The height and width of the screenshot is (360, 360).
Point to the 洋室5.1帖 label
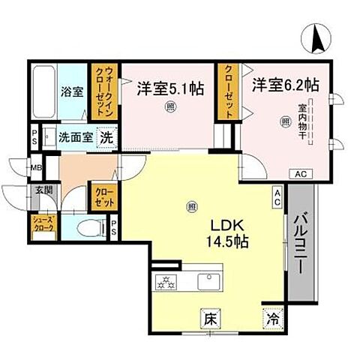coord(169,88)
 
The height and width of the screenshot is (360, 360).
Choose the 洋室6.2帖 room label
coord(286,84)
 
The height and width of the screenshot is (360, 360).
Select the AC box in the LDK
coord(277,198)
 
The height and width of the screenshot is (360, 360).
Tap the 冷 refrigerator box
coord(271,318)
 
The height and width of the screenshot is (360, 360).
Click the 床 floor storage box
coord(211,318)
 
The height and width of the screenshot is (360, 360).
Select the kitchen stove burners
coord(165,282)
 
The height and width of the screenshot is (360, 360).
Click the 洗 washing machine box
coord(107,138)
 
